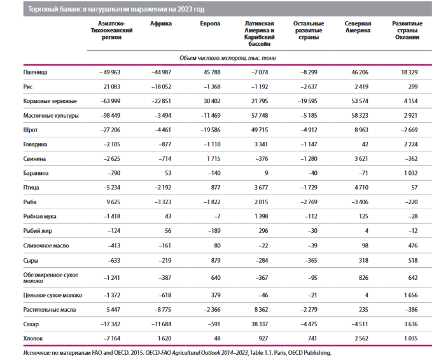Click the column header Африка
click(161, 24)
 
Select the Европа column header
click(210, 24)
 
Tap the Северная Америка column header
click(358, 27)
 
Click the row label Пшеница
click(35, 73)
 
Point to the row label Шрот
click(31, 130)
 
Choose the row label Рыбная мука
click(39, 216)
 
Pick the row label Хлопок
click(33, 338)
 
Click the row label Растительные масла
click(50, 310)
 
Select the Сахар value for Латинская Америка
click(260, 324)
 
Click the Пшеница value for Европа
click(212, 73)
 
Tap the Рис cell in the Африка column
click(161, 87)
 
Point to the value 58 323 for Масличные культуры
click(360, 116)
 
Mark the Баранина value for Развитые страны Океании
click(411, 173)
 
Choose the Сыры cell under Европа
click(216, 261)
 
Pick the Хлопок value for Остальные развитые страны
click(312, 338)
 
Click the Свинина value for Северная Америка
click(361, 159)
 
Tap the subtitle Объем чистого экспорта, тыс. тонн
click(228, 59)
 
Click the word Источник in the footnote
click(37, 353)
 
